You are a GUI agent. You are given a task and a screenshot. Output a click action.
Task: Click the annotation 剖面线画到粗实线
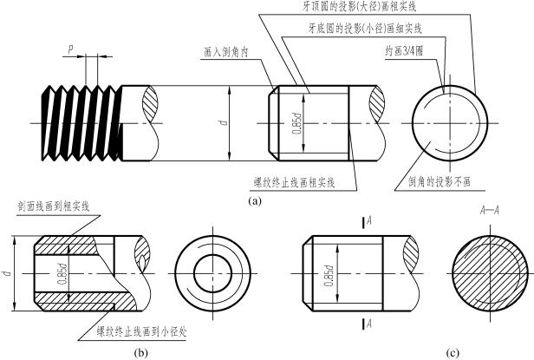click(53, 206)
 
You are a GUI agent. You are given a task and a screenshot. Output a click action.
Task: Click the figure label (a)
click(253, 200)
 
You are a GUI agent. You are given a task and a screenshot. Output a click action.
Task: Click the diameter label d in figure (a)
click(224, 122)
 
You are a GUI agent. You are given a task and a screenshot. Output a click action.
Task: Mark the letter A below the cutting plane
click(369, 324)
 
